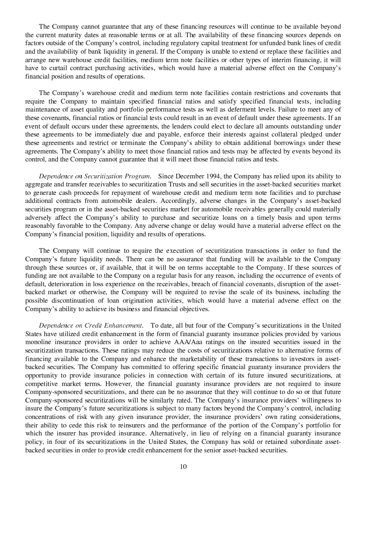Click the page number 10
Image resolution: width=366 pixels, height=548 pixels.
[x=183, y=467]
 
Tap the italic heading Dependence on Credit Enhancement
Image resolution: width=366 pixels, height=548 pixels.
[x=91, y=325]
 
